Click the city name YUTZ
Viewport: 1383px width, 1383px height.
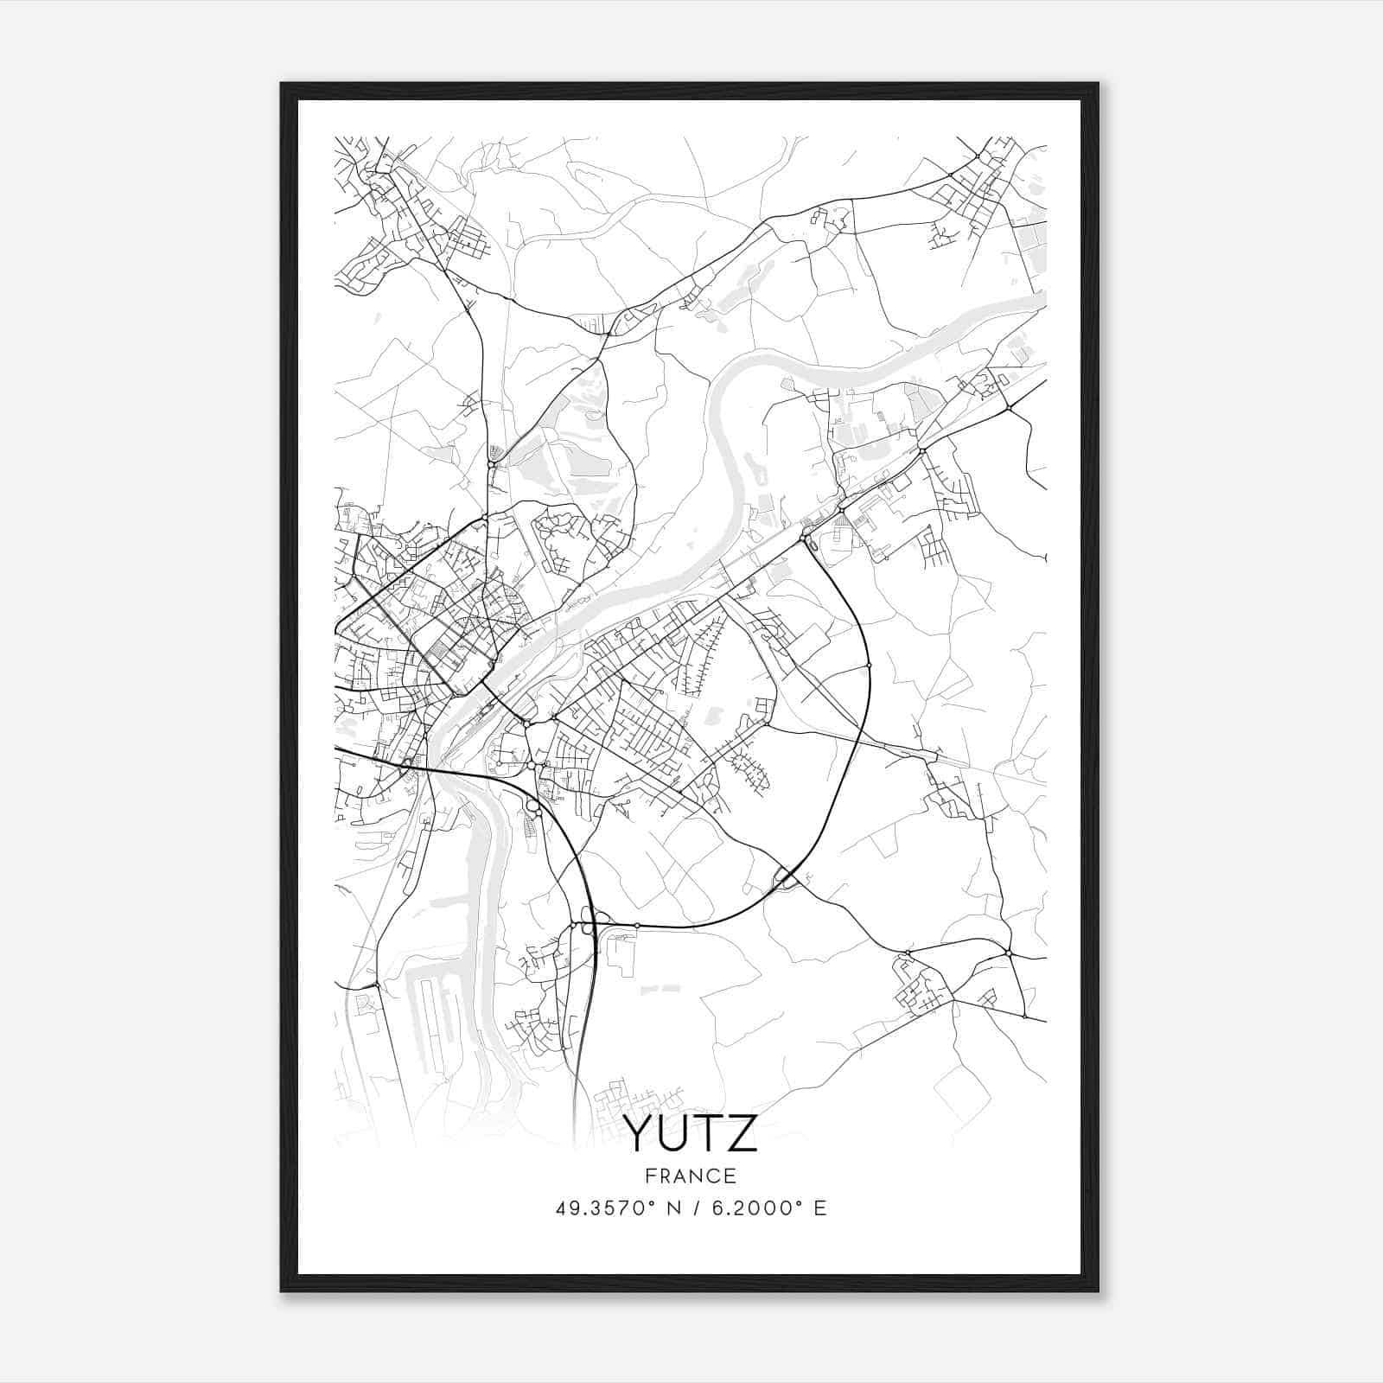click(x=691, y=1133)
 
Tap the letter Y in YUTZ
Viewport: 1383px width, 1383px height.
click(x=641, y=1133)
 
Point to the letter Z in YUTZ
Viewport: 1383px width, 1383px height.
click(x=742, y=1133)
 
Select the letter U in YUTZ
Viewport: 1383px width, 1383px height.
click(x=674, y=1133)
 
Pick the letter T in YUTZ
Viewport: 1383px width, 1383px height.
click(x=708, y=1133)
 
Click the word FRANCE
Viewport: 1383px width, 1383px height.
click(x=691, y=1176)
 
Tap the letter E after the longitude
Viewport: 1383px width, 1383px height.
click(x=820, y=1208)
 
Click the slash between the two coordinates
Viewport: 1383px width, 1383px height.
click(x=696, y=1208)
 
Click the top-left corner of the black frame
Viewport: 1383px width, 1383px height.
click(x=282, y=84)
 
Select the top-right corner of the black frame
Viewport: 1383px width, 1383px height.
click(x=1098, y=84)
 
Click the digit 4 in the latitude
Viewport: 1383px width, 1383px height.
click(x=561, y=1208)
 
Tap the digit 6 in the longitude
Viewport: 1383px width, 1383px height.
click(x=716, y=1208)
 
